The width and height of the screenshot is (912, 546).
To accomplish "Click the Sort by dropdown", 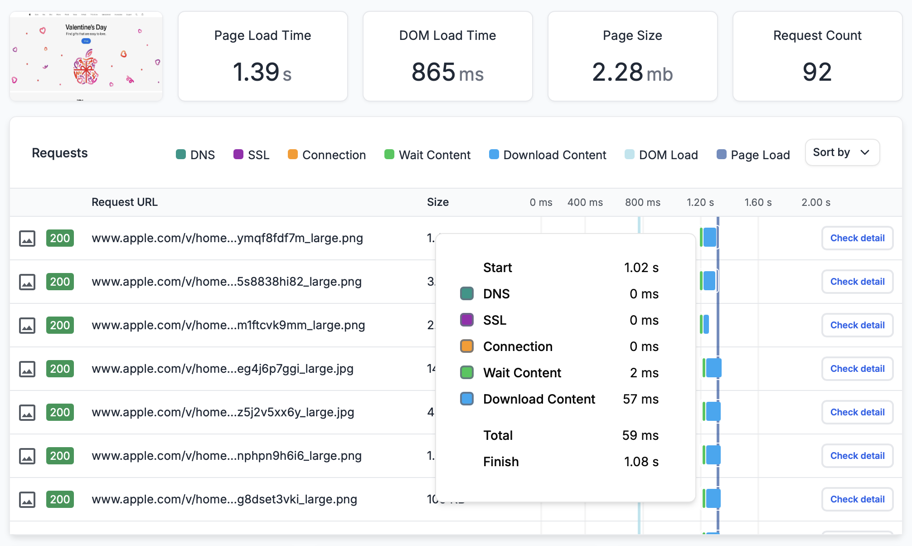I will tap(842, 153).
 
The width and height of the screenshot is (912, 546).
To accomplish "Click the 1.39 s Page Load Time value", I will tap(262, 73).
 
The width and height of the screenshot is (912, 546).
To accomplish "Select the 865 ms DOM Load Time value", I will tap(447, 73).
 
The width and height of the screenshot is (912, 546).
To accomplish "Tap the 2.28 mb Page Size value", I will tap(632, 73).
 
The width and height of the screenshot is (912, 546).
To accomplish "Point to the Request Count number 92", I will tap(817, 73).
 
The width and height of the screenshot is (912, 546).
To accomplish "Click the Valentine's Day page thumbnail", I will tap(86, 56).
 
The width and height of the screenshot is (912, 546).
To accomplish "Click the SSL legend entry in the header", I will tap(252, 155).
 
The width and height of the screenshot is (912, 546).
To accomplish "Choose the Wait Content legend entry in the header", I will tap(427, 155).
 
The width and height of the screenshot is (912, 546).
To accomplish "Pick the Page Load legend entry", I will tap(753, 155).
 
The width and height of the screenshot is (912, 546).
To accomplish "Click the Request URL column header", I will tap(125, 202).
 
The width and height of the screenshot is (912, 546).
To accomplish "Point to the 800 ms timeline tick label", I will tap(642, 202).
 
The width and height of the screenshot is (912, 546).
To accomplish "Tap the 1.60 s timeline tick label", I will tap(758, 202).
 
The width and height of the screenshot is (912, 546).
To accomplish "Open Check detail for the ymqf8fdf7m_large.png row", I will tap(857, 238).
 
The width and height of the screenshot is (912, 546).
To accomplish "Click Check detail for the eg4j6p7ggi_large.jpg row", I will tap(857, 369).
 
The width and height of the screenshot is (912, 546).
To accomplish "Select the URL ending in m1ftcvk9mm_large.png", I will tap(228, 325).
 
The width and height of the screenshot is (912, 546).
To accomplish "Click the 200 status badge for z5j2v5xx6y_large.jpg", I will tap(60, 412).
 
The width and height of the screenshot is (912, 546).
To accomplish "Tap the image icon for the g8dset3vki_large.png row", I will tap(27, 499).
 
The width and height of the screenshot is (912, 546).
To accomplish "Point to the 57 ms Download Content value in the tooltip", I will tap(640, 399).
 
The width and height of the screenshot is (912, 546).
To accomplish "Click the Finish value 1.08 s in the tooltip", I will tap(641, 462).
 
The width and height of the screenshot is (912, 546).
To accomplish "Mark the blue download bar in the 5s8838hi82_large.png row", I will tap(709, 281).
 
